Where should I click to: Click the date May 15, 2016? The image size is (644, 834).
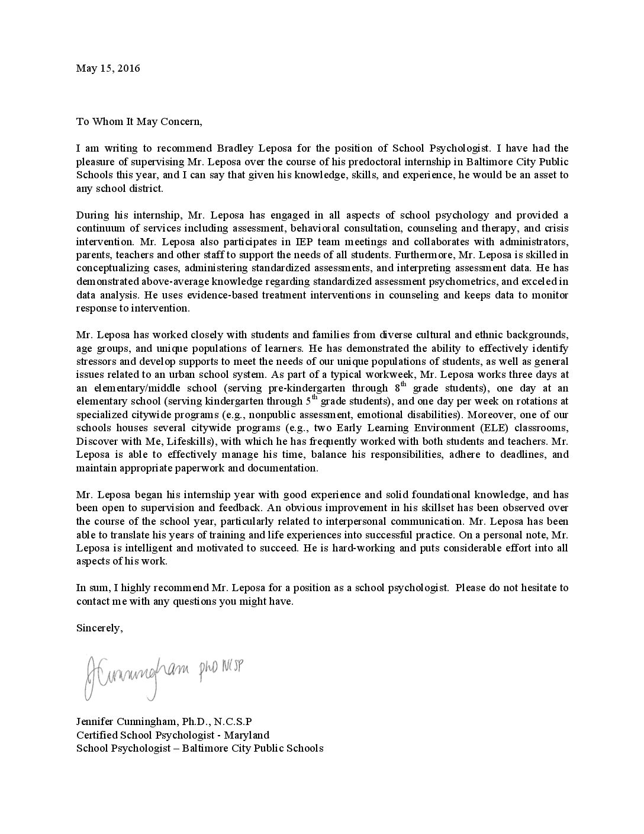click(x=108, y=68)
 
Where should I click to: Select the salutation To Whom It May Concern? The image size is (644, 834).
click(x=139, y=121)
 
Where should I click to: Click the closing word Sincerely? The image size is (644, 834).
click(x=99, y=628)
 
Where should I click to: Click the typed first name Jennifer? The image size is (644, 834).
click(x=95, y=721)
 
